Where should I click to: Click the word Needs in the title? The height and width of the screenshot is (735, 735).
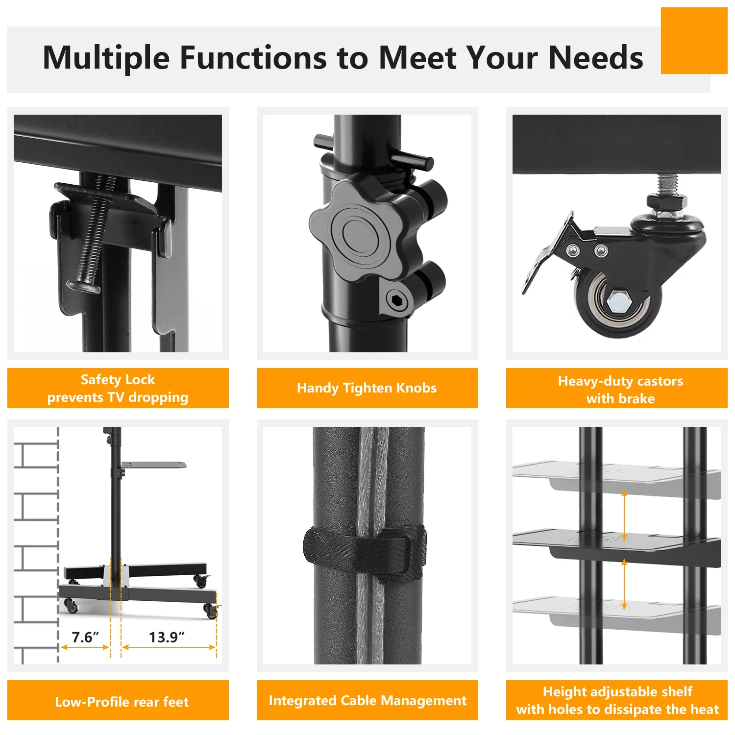[595, 58]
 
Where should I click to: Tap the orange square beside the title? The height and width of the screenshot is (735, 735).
[694, 41]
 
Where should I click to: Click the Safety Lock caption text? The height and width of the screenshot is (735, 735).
[118, 388]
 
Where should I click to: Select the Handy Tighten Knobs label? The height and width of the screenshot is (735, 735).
[367, 388]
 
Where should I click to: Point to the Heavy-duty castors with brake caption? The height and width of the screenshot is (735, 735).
[620, 390]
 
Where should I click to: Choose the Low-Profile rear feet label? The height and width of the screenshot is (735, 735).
[122, 702]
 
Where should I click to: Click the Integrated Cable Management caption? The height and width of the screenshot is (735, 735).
[367, 701]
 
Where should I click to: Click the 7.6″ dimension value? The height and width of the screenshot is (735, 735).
[85, 637]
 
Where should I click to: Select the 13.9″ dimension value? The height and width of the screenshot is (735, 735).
[167, 637]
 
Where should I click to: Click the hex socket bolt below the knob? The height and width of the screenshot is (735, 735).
[396, 300]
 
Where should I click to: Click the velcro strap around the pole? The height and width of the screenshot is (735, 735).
[365, 554]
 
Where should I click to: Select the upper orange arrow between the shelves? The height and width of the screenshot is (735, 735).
[624, 516]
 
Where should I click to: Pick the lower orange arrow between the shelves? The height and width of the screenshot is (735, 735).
[624, 585]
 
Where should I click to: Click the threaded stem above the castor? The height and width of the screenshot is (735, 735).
[666, 185]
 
